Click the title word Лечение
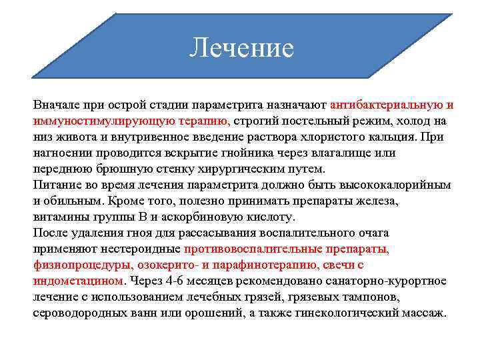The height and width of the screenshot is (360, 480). pyautogui.click(x=241, y=47)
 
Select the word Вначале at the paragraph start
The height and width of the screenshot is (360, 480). pyautogui.click(x=56, y=105)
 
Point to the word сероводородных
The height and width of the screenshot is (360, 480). pyautogui.click(x=77, y=313)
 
